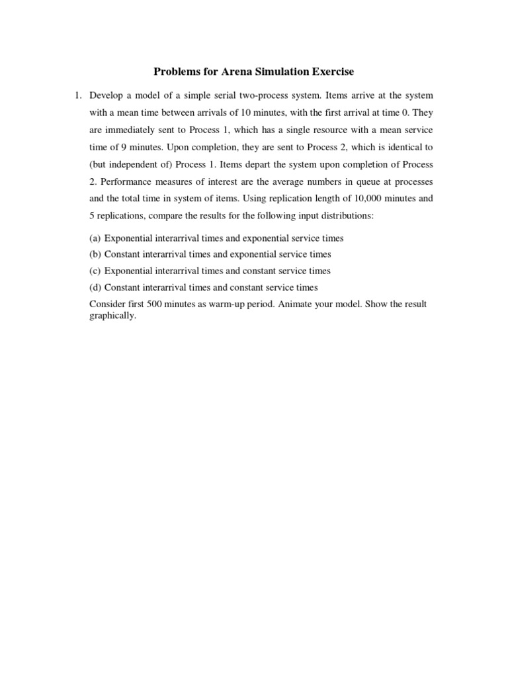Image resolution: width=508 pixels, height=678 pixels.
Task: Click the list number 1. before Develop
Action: click(77, 96)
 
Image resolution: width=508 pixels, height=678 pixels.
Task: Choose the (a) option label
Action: click(95, 238)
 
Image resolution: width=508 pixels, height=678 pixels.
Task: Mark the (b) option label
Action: click(95, 254)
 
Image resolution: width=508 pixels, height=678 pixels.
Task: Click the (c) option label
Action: click(95, 271)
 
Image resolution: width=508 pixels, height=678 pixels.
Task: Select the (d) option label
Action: click(95, 287)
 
